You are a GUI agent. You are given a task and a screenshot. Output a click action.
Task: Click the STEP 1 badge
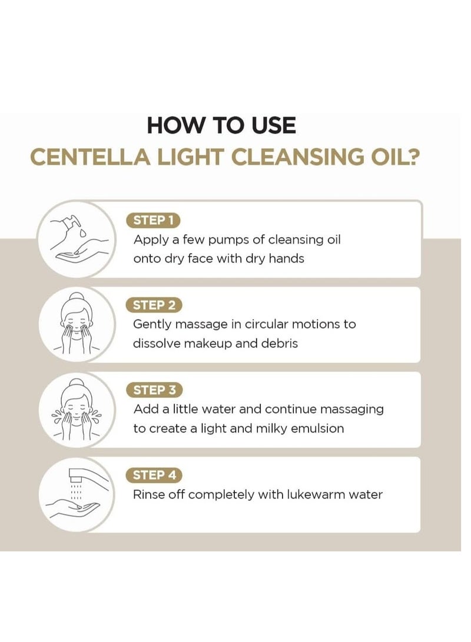click(153, 220)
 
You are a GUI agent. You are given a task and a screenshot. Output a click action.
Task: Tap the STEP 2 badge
click(154, 305)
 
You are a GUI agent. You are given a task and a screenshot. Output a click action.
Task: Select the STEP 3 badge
click(154, 390)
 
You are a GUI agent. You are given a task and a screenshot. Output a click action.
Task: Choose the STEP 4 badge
click(154, 475)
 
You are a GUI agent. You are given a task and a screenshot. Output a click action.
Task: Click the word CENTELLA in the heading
click(91, 157)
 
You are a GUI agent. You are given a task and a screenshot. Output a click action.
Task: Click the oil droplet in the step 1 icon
click(84, 233)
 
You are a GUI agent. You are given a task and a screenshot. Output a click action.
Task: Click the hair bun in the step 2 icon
click(77, 297)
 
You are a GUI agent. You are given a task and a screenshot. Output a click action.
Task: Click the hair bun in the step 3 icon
click(77, 383)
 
